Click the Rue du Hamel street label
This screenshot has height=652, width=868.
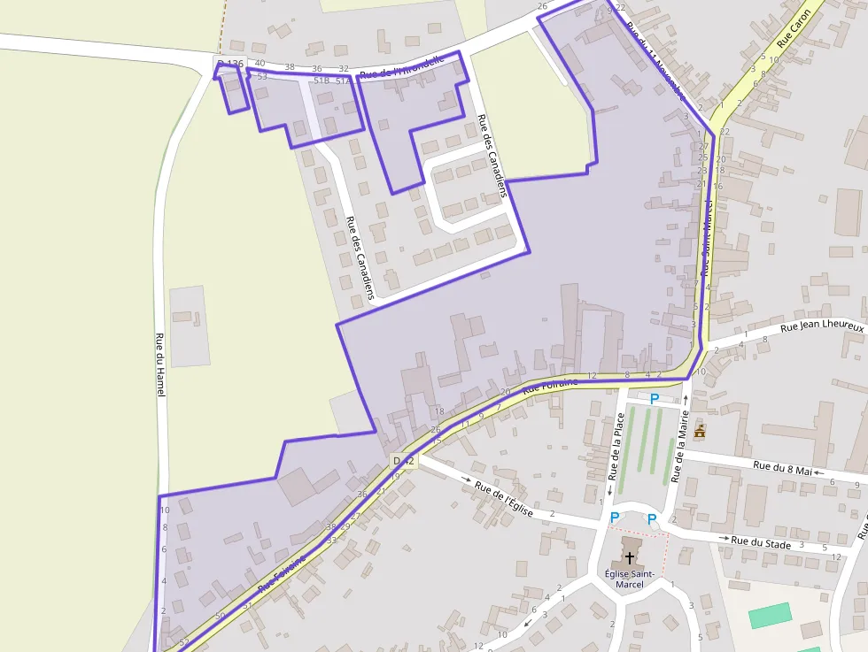coord(160,364)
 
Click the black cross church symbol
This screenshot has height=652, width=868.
coord(630,557)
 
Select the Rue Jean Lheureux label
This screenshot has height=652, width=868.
coord(821,327)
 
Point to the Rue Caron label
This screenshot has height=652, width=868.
coord(794,27)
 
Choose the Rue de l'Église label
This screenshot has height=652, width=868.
coord(503,499)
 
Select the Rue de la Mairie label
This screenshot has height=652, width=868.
coord(679,451)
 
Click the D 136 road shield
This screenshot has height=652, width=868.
coord(229,64)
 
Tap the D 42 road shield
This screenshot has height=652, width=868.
coord(403,461)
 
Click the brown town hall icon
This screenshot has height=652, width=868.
coord(700,432)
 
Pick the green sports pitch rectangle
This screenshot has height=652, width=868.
coord(769,615)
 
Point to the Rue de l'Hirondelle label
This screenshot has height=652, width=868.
coord(400,73)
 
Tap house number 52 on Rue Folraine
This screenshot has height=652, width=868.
coord(184,642)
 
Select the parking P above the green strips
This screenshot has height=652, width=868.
coord(655,399)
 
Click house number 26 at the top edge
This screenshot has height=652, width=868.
coord(542,7)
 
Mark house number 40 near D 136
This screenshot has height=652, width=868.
coord(260,63)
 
